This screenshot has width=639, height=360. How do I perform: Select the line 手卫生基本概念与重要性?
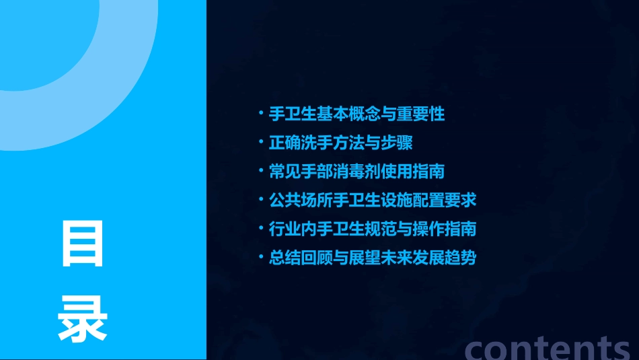point(356,114)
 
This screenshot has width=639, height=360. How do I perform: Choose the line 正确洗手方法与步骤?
point(340,143)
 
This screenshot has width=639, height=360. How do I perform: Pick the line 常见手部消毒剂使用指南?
point(356,172)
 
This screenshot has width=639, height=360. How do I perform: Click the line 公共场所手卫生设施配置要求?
point(373,201)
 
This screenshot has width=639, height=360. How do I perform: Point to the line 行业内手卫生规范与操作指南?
point(373,229)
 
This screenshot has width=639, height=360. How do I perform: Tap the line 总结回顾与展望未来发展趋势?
point(373,258)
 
